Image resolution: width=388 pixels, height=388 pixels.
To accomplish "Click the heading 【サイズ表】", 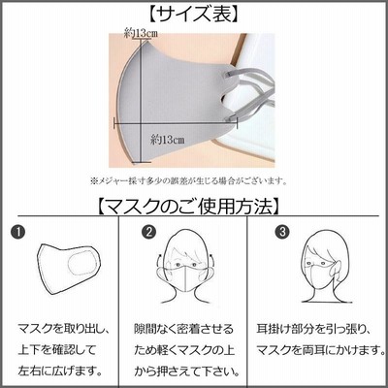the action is (194, 14).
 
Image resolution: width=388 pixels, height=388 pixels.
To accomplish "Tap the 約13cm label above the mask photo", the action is (141, 33).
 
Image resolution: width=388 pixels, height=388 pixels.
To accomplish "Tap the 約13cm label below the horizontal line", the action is (168, 140).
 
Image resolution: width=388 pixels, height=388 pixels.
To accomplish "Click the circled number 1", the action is (17, 232).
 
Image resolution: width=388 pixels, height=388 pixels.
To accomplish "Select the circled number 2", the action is (148, 232).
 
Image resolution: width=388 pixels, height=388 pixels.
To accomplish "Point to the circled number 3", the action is (282, 232).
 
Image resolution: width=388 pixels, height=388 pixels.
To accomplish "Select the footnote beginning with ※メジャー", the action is (188, 180).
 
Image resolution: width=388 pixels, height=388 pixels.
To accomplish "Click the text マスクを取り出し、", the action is (64, 329).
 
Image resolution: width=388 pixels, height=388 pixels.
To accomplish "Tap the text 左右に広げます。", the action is (59, 371).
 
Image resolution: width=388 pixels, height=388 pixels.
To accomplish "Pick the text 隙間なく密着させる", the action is (183, 329).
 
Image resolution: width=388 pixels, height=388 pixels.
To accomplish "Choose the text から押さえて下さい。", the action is (187, 371).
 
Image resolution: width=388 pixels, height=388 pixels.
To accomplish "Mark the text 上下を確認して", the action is (57, 349).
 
